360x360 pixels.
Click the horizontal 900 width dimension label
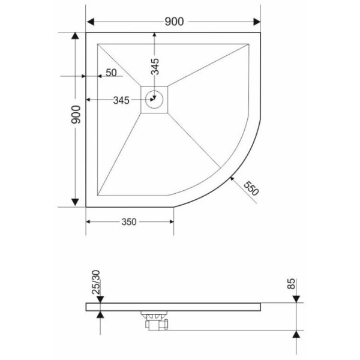(x=174, y=22)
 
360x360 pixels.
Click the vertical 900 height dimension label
(x=76, y=115)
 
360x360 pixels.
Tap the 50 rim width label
(x=112, y=73)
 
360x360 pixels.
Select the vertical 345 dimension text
(x=155, y=67)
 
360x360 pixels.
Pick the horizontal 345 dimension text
(x=121, y=100)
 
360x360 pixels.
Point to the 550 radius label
(x=251, y=188)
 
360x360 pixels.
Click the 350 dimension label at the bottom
(x=129, y=222)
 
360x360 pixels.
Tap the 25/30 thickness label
(x=96, y=282)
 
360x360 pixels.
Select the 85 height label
(x=291, y=284)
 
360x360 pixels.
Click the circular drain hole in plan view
(x=155, y=100)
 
